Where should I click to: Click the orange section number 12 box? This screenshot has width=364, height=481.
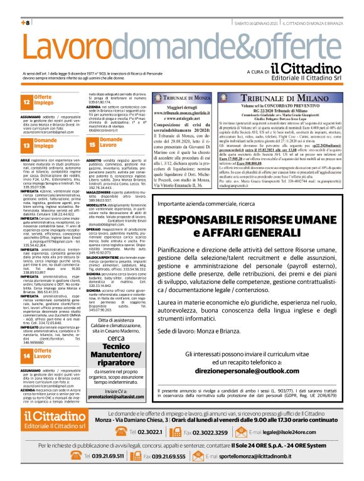(27, 102)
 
